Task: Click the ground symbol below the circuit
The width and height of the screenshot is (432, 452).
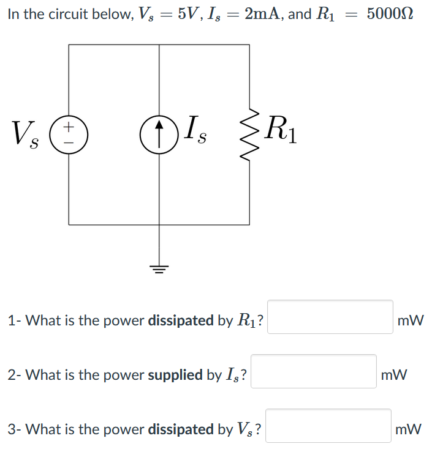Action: (159, 267)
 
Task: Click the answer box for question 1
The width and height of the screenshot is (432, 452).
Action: (330, 317)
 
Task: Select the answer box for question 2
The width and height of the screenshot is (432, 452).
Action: (314, 371)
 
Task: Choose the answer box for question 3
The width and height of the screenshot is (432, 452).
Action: (328, 426)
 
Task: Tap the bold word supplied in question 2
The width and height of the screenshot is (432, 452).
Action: (176, 375)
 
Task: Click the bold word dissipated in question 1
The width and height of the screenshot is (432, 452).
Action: (181, 320)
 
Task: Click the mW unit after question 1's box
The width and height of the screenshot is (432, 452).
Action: (410, 320)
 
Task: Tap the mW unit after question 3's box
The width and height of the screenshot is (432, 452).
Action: (408, 429)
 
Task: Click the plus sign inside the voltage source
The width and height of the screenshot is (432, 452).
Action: (69, 127)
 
